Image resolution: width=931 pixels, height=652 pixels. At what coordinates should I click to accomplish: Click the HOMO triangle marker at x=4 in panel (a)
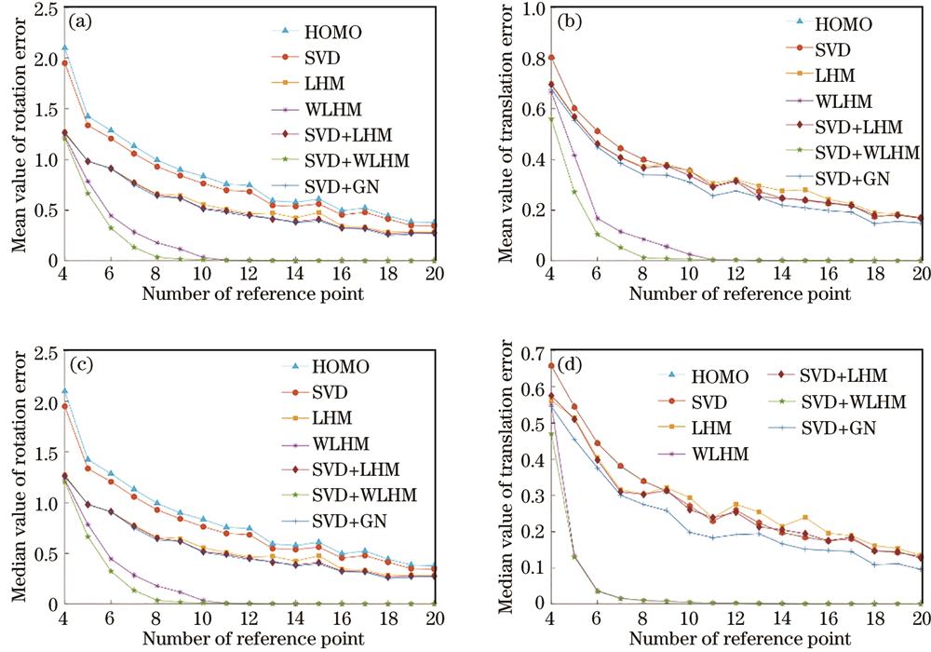pos(63,48)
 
